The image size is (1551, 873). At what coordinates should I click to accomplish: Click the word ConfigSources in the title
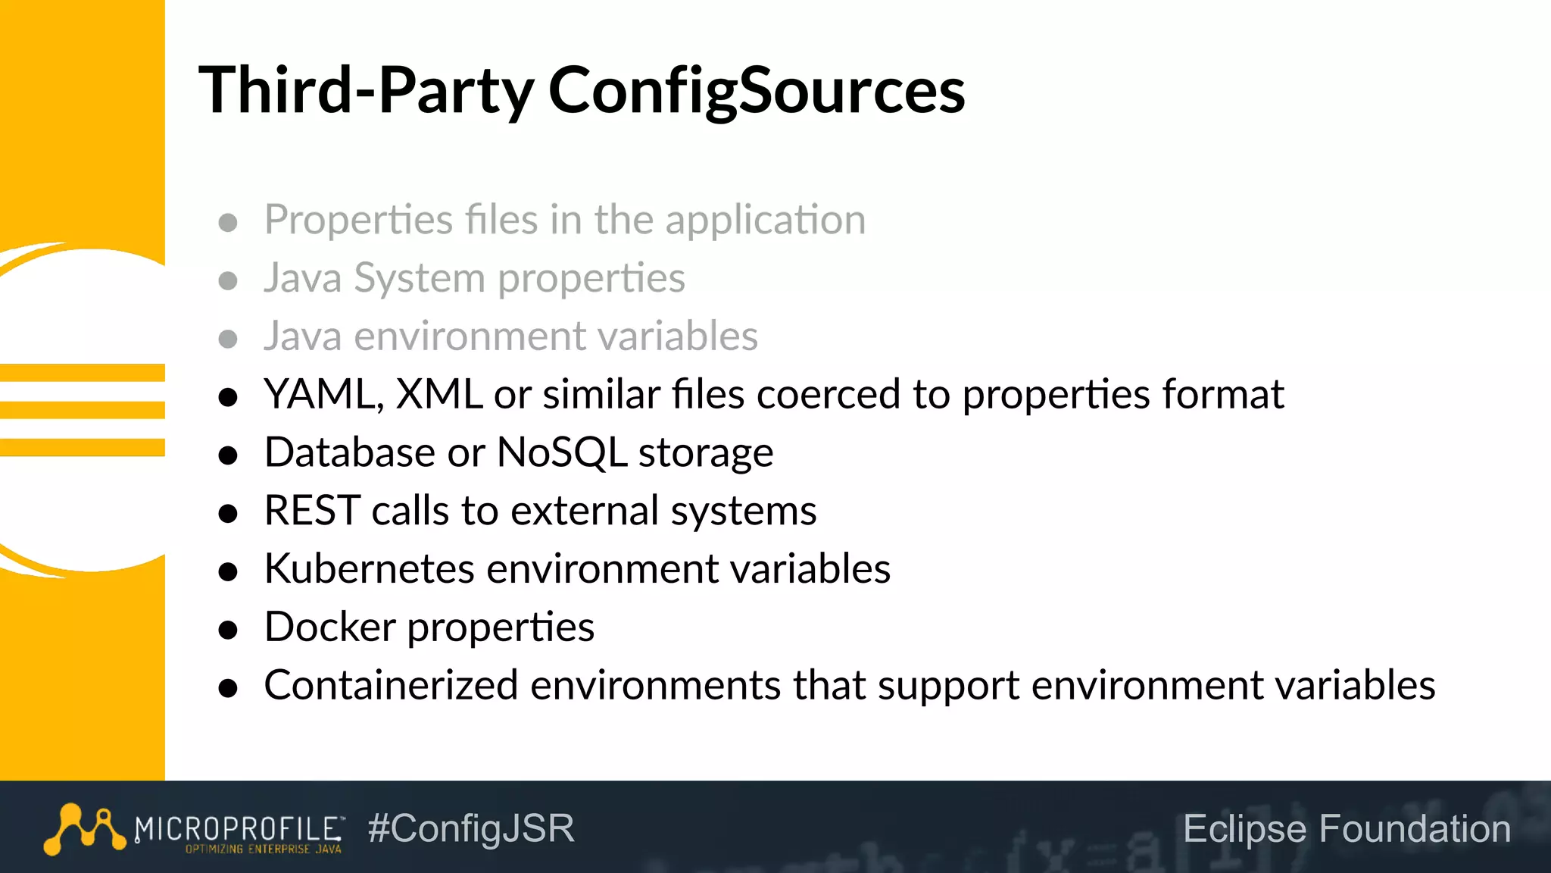pyautogui.click(x=756, y=91)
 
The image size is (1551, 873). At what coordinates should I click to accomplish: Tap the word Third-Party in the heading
pyautogui.click(x=367, y=91)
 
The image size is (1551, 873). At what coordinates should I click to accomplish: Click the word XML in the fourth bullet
pyautogui.click(x=439, y=395)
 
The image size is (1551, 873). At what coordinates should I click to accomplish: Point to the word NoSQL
pyautogui.click(x=561, y=453)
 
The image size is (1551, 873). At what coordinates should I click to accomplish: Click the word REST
pyautogui.click(x=312, y=511)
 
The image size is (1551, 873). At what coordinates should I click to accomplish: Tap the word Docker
pyautogui.click(x=329, y=627)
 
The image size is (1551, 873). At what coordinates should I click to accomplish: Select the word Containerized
pyautogui.click(x=391, y=685)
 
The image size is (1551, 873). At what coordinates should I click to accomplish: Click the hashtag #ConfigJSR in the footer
pyautogui.click(x=471, y=828)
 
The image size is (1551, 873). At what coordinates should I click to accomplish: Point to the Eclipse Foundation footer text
pyautogui.click(x=1347, y=828)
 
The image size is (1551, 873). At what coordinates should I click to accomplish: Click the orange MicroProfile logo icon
pyautogui.click(x=84, y=829)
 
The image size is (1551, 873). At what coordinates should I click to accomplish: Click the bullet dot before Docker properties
pyautogui.click(x=228, y=630)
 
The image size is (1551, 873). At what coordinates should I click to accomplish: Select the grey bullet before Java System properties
pyautogui.click(x=228, y=281)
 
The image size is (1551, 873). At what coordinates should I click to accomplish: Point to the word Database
pyautogui.click(x=350, y=453)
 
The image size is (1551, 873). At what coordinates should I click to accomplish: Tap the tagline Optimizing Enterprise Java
pyautogui.click(x=264, y=850)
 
